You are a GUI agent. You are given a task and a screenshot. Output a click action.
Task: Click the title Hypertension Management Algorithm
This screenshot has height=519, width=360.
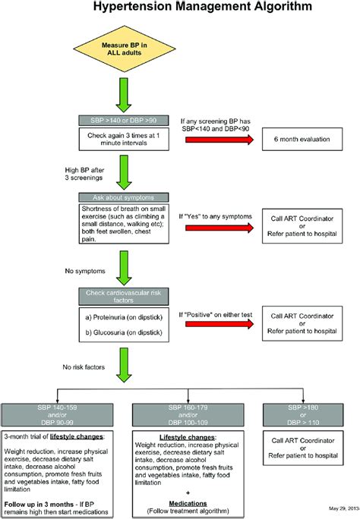pyautogui.click(x=181, y=8)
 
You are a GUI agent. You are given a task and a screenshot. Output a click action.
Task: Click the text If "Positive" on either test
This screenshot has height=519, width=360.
pyautogui.click(x=216, y=312)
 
